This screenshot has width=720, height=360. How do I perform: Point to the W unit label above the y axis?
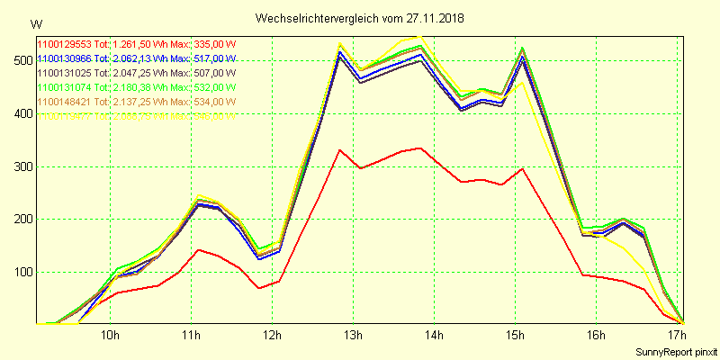[x=35, y=23]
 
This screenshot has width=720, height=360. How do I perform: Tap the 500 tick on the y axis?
[x=20, y=61]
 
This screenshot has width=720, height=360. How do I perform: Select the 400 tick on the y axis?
[x=20, y=114]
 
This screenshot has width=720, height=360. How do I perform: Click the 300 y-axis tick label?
[x=20, y=166]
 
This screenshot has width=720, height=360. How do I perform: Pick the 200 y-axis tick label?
[x=20, y=220]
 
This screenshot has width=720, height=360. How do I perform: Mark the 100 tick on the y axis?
[x=20, y=273]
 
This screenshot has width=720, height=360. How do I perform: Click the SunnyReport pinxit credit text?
[x=676, y=351]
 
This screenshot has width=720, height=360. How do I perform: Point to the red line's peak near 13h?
[x=340, y=150]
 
